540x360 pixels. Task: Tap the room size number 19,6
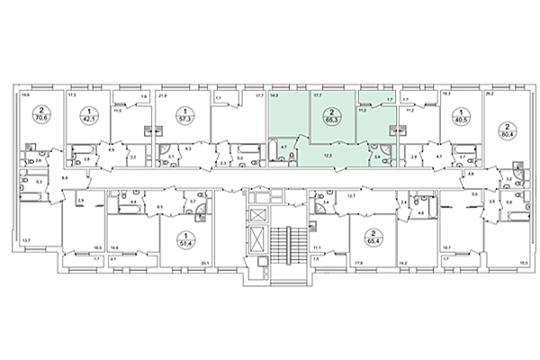26,94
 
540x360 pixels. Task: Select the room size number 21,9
162,94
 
